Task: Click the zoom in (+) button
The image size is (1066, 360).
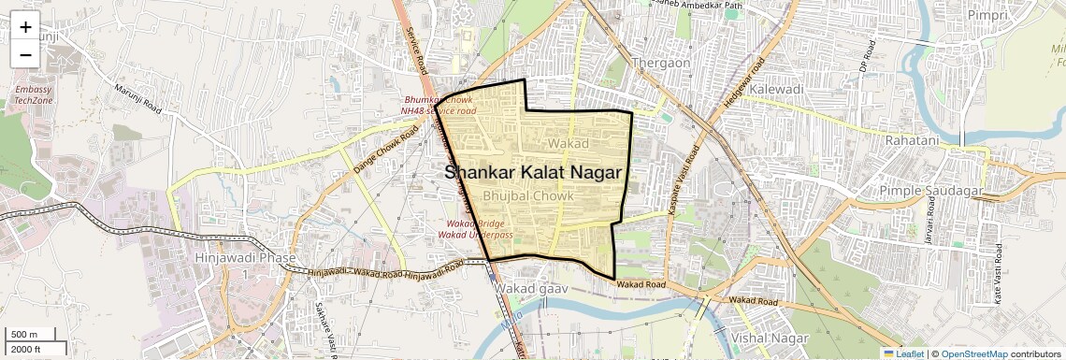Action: (25, 27)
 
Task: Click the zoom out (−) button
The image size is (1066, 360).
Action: (25, 55)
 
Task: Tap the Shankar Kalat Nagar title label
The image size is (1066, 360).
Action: (533, 173)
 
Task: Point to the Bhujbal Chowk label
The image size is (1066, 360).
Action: (533, 196)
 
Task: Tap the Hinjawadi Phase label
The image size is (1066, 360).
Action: (245, 257)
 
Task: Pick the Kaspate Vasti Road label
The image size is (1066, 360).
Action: (683, 181)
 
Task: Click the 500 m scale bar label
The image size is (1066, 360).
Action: (24, 335)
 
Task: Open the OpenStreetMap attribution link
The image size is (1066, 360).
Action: (973, 353)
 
